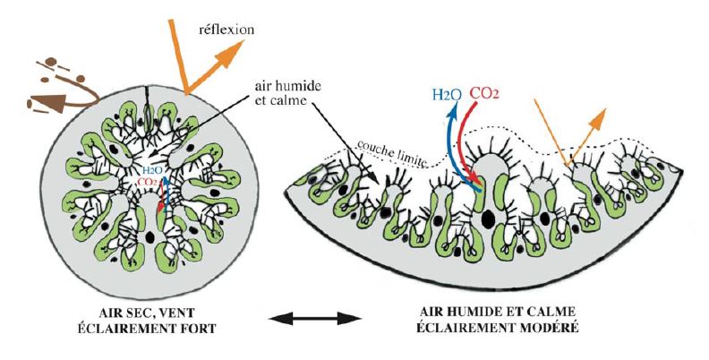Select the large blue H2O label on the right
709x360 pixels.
[x=448, y=93]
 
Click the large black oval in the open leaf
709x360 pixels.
[x=488, y=219]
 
